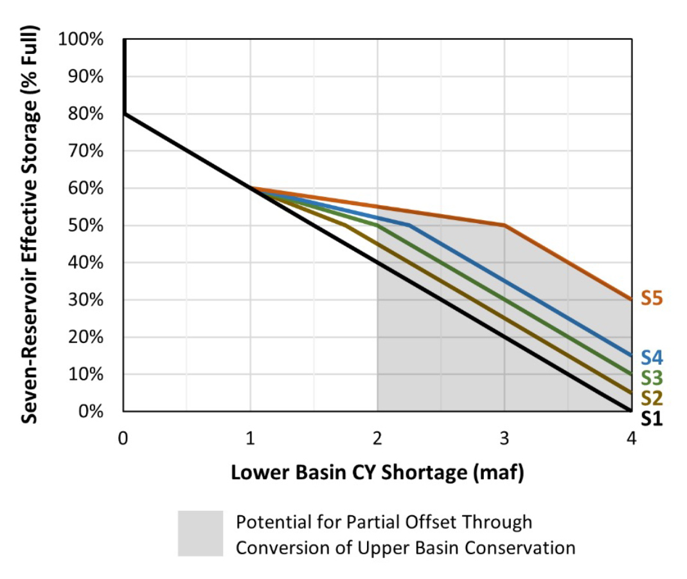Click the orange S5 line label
[x=651, y=299]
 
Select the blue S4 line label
[x=651, y=358]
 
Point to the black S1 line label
[x=651, y=418]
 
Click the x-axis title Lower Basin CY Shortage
[x=377, y=473]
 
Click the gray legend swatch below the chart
[x=201, y=533]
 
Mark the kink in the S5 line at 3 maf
[x=504, y=225]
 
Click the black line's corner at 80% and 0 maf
[x=124, y=115]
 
